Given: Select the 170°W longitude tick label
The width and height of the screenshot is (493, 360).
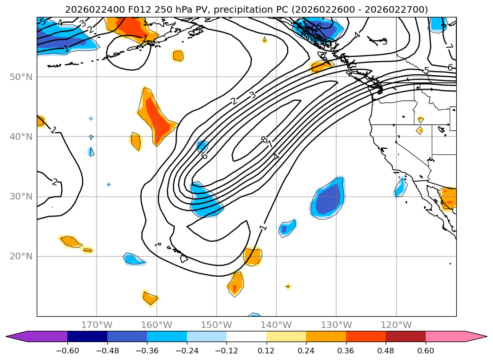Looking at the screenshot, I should (x=97, y=325).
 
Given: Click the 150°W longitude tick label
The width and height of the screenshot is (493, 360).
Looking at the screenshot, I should (x=217, y=325).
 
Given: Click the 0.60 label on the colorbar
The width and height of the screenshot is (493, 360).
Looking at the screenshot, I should (x=425, y=351).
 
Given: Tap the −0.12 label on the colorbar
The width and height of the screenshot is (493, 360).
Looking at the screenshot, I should (x=226, y=351).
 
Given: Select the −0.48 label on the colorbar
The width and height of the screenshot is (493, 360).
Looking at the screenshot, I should (x=107, y=351).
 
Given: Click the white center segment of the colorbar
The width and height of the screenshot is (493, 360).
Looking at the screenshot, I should (x=246, y=336).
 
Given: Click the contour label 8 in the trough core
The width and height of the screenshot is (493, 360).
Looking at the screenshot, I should (x=263, y=140).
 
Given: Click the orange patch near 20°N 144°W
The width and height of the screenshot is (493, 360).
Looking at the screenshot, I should (x=253, y=256).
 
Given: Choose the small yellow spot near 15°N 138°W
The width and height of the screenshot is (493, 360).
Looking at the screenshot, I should (x=288, y=286).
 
